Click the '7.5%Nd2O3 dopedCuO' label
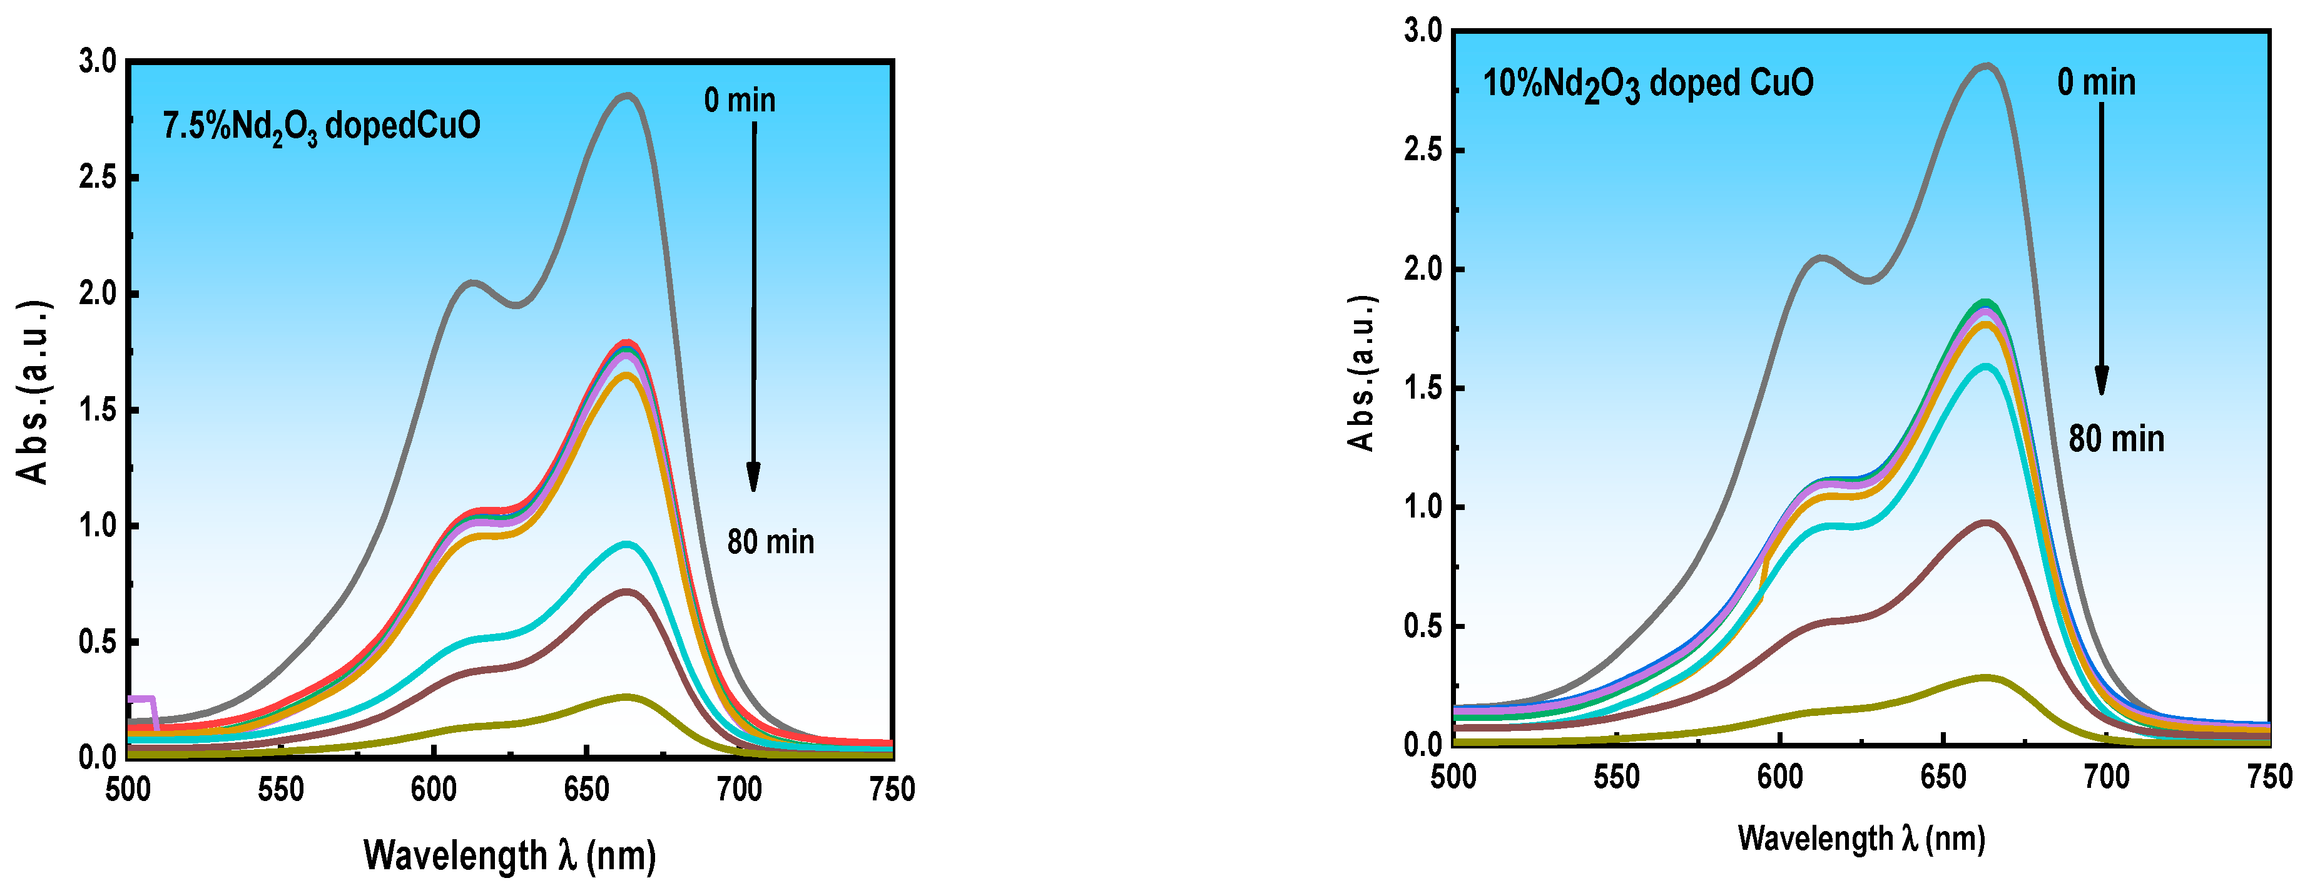[321, 126]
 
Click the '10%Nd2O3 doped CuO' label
[1647, 84]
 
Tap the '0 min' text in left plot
[739, 100]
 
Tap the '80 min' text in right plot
[2115, 439]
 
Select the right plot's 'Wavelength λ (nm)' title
[1861, 839]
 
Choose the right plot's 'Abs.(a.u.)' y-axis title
[1362, 372]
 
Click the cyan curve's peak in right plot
[1985, 365]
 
